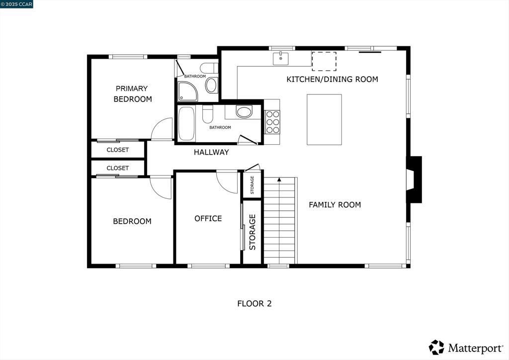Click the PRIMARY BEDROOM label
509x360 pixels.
[x=132, y=94]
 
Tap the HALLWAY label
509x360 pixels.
[x=211, y=152]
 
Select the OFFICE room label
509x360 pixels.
[x=208, y=218]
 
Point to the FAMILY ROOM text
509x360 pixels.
[x=335, y=205]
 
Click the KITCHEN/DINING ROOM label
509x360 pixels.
[x=332, y=79]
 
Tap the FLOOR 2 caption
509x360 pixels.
[x=254, y=303]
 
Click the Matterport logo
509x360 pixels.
[x=466, y=348]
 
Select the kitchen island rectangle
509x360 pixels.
[x=324, y=119]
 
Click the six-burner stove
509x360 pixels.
[x=273, y=122]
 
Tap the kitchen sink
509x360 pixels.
[x=281, y=59]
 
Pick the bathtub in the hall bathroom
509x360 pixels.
[x=186, y=124]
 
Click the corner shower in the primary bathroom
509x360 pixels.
[x=187, y=91]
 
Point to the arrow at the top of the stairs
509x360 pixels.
[x=279, y=179]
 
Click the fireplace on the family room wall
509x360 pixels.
[x=414, y=180]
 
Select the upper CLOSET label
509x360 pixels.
[x=117, y=150]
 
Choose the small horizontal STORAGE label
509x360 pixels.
[x=252, y=185]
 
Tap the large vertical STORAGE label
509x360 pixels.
[x=252, y=232]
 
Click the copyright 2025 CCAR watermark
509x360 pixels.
[x=16, y=4]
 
